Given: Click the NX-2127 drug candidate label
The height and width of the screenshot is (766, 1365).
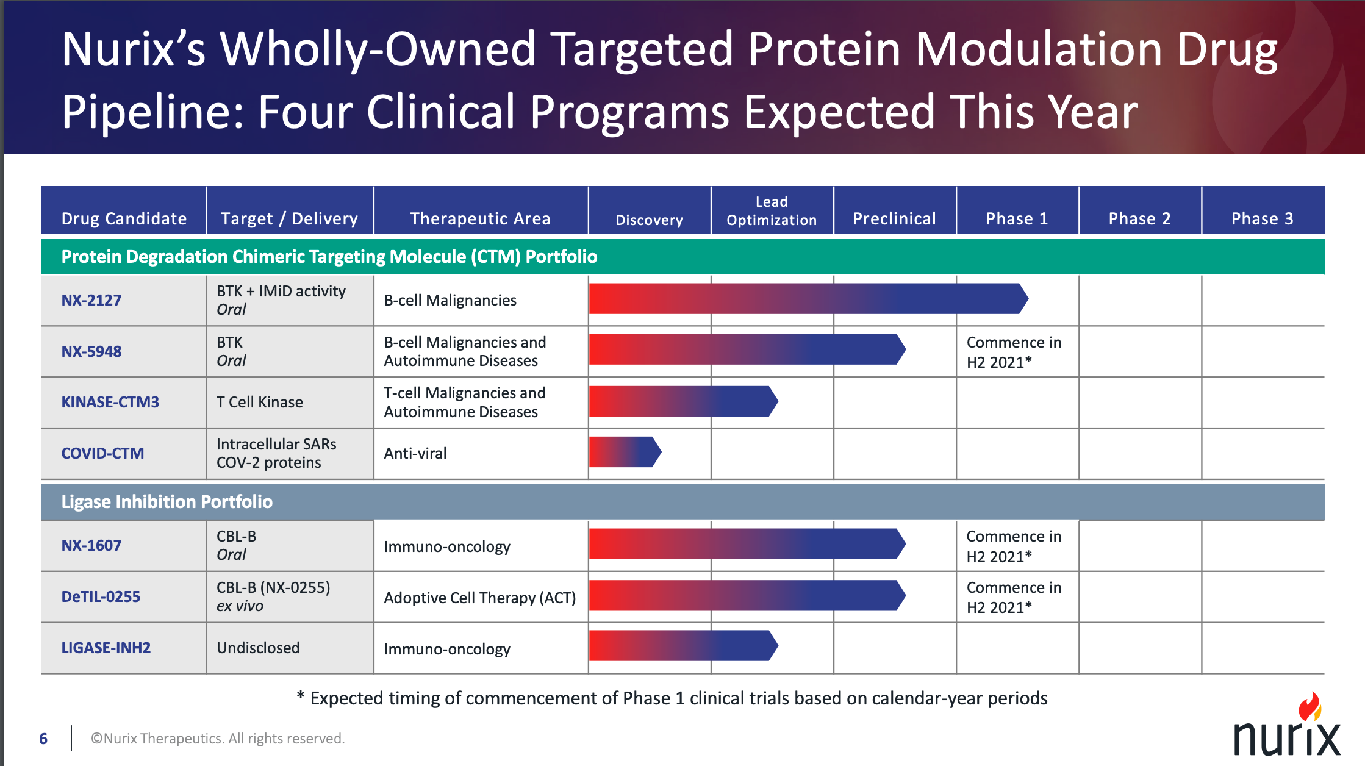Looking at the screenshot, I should [x=91, y=300].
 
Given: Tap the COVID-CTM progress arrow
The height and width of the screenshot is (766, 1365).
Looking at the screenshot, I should [x=624, y=452].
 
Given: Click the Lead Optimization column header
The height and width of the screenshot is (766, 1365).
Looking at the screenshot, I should [x=772, y=211].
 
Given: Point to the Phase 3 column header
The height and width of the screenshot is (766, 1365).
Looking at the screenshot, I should [x=1262, y=218].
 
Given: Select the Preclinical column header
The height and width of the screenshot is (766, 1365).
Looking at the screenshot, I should [x=894, y=218].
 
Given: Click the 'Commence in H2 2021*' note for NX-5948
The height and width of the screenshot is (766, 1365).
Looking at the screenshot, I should [x=1014, y=352].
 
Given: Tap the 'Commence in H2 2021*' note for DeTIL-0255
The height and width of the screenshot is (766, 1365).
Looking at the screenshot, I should [x=1014, y=597].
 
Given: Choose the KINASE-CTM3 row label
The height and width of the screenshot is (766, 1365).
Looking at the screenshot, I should [x=110, y=402].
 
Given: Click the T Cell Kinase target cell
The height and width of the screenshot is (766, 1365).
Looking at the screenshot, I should [x=260, y=402].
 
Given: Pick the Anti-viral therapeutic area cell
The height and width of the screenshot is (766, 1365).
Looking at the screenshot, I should [x=415, y=453].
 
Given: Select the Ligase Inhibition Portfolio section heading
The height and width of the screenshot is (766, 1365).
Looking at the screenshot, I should [x=167, y=502].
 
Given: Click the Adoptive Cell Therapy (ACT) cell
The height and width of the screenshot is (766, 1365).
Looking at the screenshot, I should [x=479, y=598].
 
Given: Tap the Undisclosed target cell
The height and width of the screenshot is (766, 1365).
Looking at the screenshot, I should [x=258, y=648].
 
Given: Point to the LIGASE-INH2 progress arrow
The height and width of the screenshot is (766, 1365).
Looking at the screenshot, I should [x=682, y=645].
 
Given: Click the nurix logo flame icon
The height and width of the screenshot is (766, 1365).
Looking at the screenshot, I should [x=1309, y=707].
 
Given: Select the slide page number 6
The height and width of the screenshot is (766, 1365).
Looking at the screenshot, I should [x=43, y=739].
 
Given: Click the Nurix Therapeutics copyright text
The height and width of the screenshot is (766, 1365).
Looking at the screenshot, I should [x=218, y=739].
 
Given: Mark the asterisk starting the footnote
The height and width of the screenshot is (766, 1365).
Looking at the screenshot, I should [x=301, y=695].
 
